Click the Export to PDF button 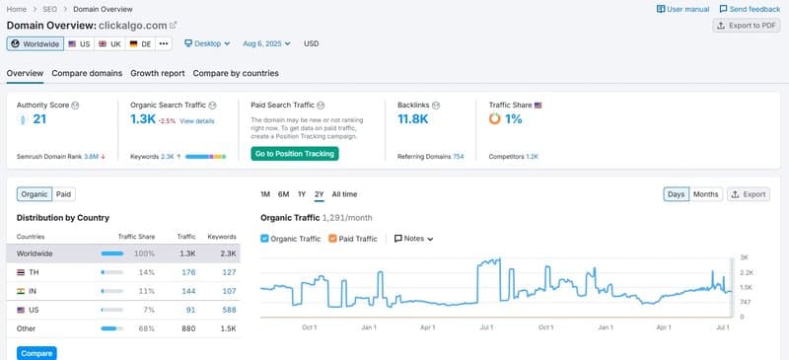747,26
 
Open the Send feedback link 750,9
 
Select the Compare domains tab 87,73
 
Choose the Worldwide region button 35,43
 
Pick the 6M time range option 283,194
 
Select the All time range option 344,194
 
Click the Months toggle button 705,194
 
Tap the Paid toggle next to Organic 63,194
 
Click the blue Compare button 36,353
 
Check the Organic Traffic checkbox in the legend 265,239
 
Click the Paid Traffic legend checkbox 332,239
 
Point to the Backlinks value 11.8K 412,119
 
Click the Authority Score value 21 39,119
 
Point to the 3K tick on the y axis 745,256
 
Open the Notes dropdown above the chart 414,239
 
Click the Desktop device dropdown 207,43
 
